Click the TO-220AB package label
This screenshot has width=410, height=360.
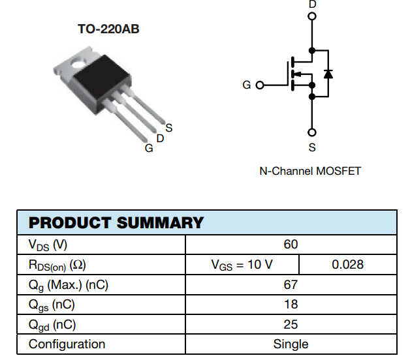108,29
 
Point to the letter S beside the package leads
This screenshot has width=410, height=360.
168,127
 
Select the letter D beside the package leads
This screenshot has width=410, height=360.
160,138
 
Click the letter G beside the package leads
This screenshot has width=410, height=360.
149,148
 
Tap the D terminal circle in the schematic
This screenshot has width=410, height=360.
312,17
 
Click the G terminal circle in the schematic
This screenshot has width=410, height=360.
260,85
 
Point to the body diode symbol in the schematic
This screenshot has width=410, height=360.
328,73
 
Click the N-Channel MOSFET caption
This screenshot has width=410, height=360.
310,171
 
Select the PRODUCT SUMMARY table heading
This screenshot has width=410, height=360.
116,222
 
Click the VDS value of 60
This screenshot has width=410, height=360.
291,245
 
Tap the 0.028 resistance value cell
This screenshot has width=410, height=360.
347,264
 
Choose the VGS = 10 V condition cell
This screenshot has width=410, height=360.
242,264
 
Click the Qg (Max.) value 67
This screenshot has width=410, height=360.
291,284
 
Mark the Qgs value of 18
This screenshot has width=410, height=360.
291,304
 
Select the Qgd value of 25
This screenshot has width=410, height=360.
291,324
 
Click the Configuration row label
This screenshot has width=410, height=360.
67,344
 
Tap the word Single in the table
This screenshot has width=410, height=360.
291,344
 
